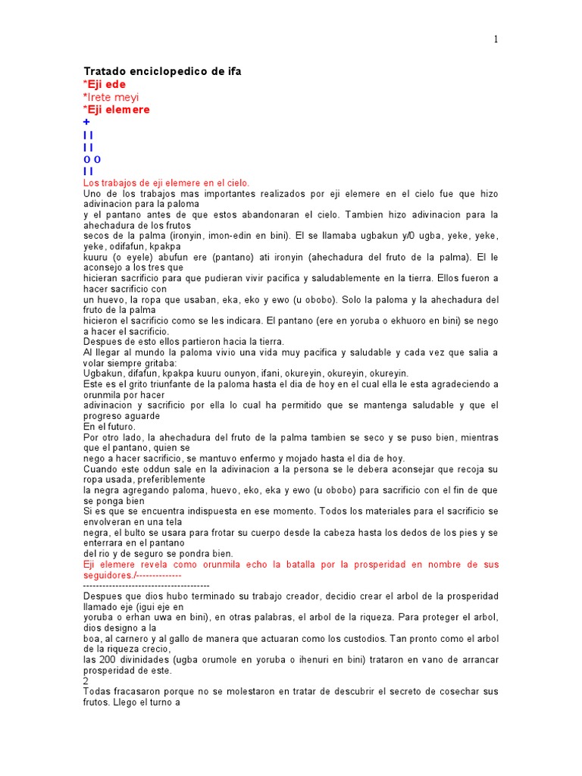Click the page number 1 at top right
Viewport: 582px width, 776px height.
coord(496,39)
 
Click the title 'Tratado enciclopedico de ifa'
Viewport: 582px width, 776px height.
coord(162,71)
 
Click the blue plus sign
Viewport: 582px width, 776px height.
coord(86,122)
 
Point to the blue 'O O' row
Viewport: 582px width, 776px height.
coord(92,159)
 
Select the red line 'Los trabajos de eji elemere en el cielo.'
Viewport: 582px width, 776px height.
coord(166,183)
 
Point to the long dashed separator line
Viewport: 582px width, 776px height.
coord(145,585)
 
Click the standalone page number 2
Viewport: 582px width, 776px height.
coord(86,681)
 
